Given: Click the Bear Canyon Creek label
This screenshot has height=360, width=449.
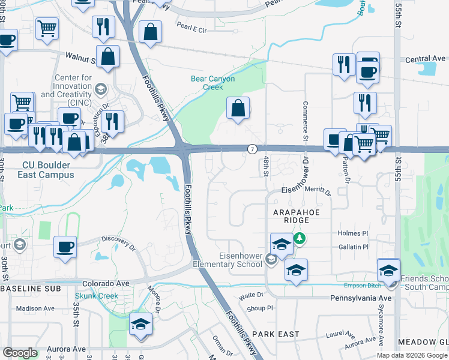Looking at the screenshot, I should click(x=212, y=83).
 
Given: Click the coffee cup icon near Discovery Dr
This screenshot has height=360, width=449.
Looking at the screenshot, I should click(x=65, y=246).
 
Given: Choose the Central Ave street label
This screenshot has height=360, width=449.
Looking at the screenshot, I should click(x=426, y=59).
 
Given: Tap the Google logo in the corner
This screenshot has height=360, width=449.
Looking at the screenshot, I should click(x=20, y=353).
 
